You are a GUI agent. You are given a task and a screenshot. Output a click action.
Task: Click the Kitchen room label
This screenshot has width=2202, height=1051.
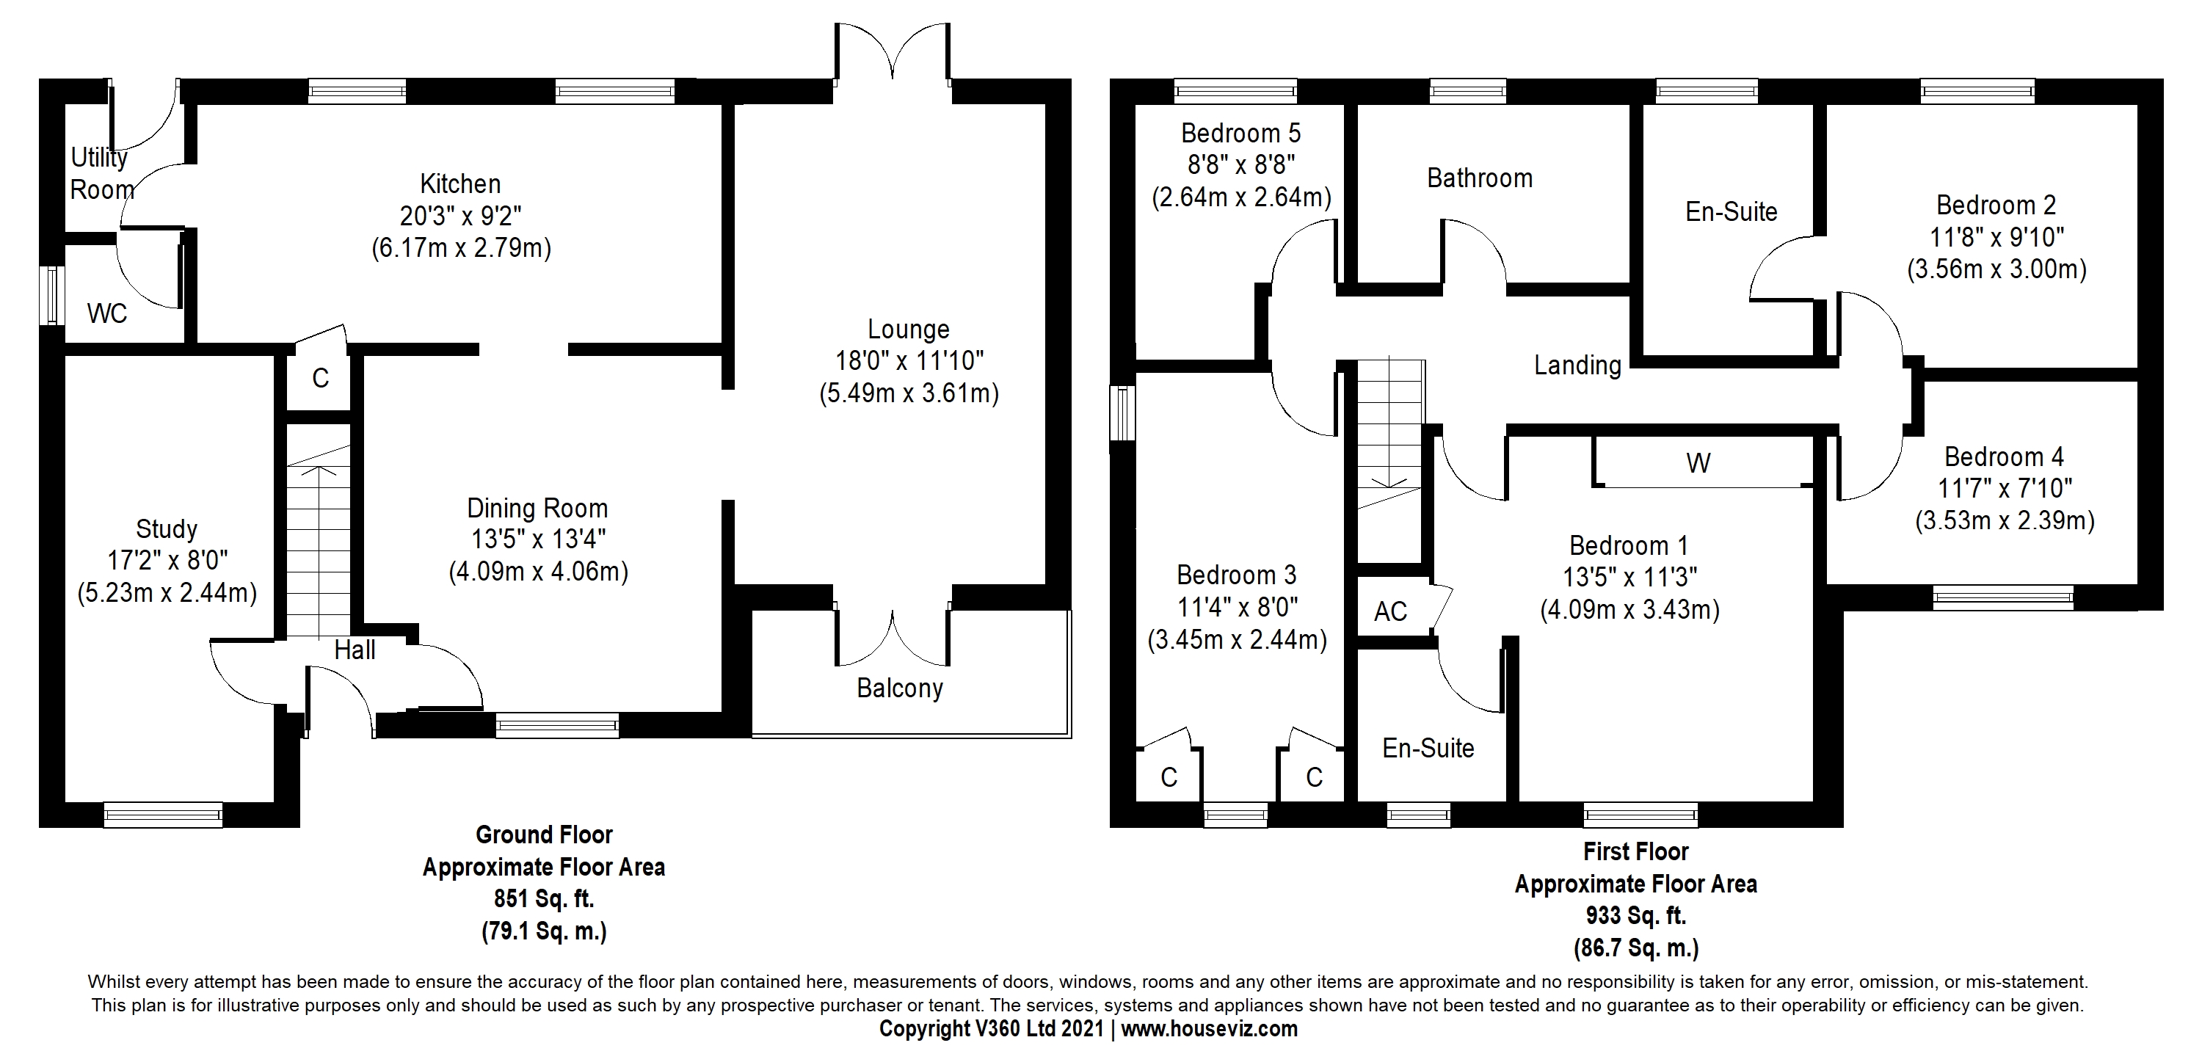pyautogui.click(x=460, y=183)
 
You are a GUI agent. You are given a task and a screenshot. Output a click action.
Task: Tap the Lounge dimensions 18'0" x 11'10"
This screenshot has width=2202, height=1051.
pyautogui.click(x=909, y=360)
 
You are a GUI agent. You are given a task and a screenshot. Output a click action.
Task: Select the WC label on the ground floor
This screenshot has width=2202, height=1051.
pyautogui.click(x=107, y=313)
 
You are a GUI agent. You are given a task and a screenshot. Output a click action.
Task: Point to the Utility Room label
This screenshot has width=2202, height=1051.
pyautogui.click(x=102, y=173)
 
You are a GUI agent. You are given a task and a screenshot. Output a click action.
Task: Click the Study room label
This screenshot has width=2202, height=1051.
pyautogui.click(x=167, y=530)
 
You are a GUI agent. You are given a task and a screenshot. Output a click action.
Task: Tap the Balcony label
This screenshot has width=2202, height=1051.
pyautogui.click(x=900, y=688)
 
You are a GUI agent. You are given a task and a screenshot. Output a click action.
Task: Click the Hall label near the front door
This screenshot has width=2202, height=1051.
pyautogui.click(x=355, y=650)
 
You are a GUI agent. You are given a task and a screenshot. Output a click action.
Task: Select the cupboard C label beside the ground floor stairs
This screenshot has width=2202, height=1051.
pyautogui.click(x=321, y=378)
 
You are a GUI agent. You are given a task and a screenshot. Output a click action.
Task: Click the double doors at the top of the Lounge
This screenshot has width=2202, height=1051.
pyautogui.click(x=893, y=52)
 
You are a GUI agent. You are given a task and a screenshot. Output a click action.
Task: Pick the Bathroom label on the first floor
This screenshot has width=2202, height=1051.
pyautogui.click(x=1480, y=178)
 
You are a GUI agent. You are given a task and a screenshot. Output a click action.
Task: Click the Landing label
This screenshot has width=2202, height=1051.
pyautogui.click(x=1578, y=366)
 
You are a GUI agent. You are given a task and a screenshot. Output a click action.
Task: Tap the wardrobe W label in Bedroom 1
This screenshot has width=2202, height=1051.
pyautogui.click(x=1698, y=463)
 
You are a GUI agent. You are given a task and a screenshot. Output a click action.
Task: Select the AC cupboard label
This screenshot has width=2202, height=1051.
pyautogui.click(x=1391, y=612)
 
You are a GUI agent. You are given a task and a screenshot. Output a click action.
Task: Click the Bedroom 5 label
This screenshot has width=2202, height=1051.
pyautogui.click(x=1241, y=134)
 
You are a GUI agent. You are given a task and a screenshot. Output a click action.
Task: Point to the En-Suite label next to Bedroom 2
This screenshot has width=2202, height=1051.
pyautogui.click(x=1732, y=212)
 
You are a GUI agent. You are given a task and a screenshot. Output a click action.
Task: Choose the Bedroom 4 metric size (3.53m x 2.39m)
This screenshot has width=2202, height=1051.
pyautogui.click(x=2005, y=520)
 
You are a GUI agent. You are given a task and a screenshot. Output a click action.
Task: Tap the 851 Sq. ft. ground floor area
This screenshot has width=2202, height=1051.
pyautogui.click(x=544, y=899)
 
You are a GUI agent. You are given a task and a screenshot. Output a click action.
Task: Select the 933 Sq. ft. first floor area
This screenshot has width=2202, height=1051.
pyautogui.click(x=1636, y=916)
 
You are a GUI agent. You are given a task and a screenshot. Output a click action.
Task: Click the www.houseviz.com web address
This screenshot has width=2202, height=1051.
pyautogui.click(x=1210, y=1029)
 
